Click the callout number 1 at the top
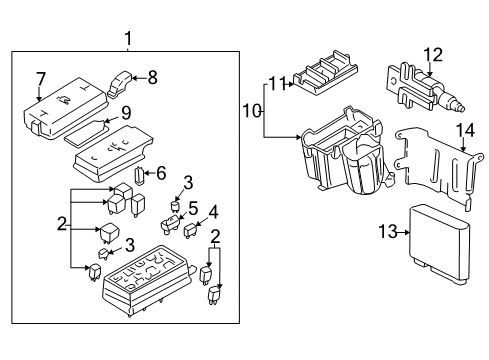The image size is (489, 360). [x=127, y=40]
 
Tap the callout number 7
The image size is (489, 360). [x=41, y=78]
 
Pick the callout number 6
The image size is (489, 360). [x=160, y=172]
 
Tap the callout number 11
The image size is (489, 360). [x=277, y=83]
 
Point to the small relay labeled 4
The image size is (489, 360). [x=190, y=230]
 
